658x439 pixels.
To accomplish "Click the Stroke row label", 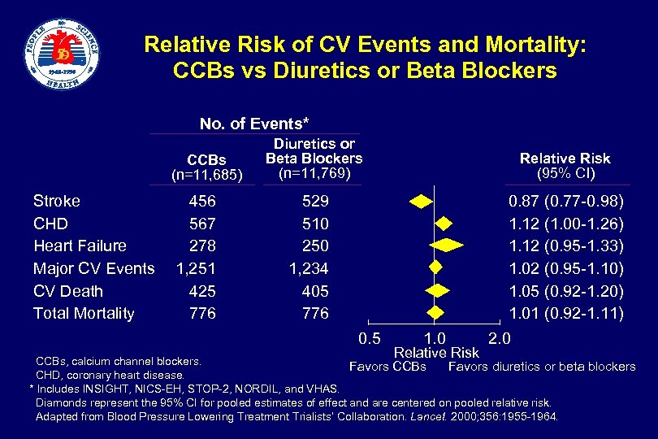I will tap(56, 201).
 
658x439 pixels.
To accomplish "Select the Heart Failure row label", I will tap(80, 246).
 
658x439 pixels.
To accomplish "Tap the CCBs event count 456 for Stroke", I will tap(201, 201).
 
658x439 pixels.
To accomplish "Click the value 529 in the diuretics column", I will tap(314, 201).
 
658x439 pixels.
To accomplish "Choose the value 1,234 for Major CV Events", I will tap(309, 268).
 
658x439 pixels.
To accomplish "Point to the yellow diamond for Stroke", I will tap(421, 201).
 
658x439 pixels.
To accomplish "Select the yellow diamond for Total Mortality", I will tap(436, 313).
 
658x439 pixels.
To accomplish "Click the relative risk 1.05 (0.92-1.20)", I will tap(565, 291).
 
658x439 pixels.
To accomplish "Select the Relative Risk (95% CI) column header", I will tap(565, 166).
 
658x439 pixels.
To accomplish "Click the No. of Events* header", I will tap(254, 124).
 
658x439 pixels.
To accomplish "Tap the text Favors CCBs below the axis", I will tap(387, 367).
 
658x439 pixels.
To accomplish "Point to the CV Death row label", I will tap(68, 291).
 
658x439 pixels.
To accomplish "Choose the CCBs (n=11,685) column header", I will tap(206, 166).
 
